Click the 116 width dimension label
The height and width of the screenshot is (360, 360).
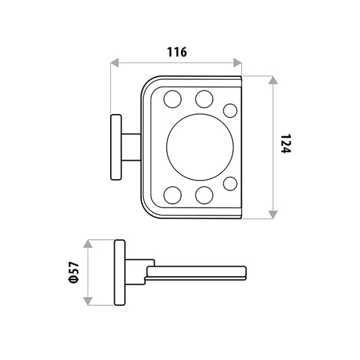tap(176, 52)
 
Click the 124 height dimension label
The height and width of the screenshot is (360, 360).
tap(286, 143)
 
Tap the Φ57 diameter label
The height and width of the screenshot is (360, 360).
tap(74, 272)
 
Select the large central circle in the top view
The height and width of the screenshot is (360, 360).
tap(200, 147)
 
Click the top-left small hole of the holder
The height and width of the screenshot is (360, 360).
tap(172, 99)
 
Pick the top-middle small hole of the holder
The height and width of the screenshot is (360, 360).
tap(204, 99)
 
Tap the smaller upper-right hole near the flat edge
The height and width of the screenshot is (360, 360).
tap(230, 111)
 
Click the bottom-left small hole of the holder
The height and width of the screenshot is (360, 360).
tap(172, 195)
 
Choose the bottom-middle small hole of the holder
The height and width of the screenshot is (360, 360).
tap(204, 195)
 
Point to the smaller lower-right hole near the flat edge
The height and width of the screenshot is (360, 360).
tap(230, 184)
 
